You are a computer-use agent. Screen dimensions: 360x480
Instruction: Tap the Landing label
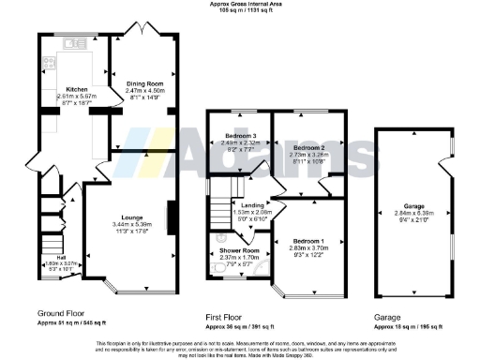tap(251, 205)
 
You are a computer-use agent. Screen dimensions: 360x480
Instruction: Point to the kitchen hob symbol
tap(46, 67)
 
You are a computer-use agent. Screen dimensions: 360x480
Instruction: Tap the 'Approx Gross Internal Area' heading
tap(239, 4)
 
